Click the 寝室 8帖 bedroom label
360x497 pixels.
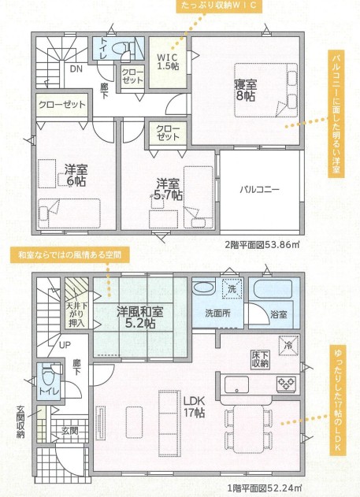pos(245,91)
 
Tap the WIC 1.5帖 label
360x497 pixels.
pos(168,61)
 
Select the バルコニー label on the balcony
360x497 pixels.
pos(259,190)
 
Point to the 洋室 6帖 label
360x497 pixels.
pos(76,176)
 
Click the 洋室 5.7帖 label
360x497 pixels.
pos(169,190)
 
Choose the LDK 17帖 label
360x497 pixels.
pos(195,406)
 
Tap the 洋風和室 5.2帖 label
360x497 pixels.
pos(139,317)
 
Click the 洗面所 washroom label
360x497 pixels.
pos(217,313)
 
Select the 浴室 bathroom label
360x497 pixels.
pos(279,314)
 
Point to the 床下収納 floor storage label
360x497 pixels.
pos(260,359)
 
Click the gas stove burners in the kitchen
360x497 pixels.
pos(287,384)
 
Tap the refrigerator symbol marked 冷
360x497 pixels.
pos(288,346)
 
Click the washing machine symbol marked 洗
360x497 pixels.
pos(232,288)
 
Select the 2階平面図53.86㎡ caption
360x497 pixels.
pos(262,245)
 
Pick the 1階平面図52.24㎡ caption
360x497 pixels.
pos(265,487)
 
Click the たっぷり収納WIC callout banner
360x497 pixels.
pos(220,6)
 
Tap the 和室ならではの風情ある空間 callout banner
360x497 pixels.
pos(70,255)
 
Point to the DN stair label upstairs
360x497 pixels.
pos(76,69)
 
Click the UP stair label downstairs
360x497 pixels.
pos(65,345)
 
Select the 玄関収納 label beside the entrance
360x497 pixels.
pos(20,421)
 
